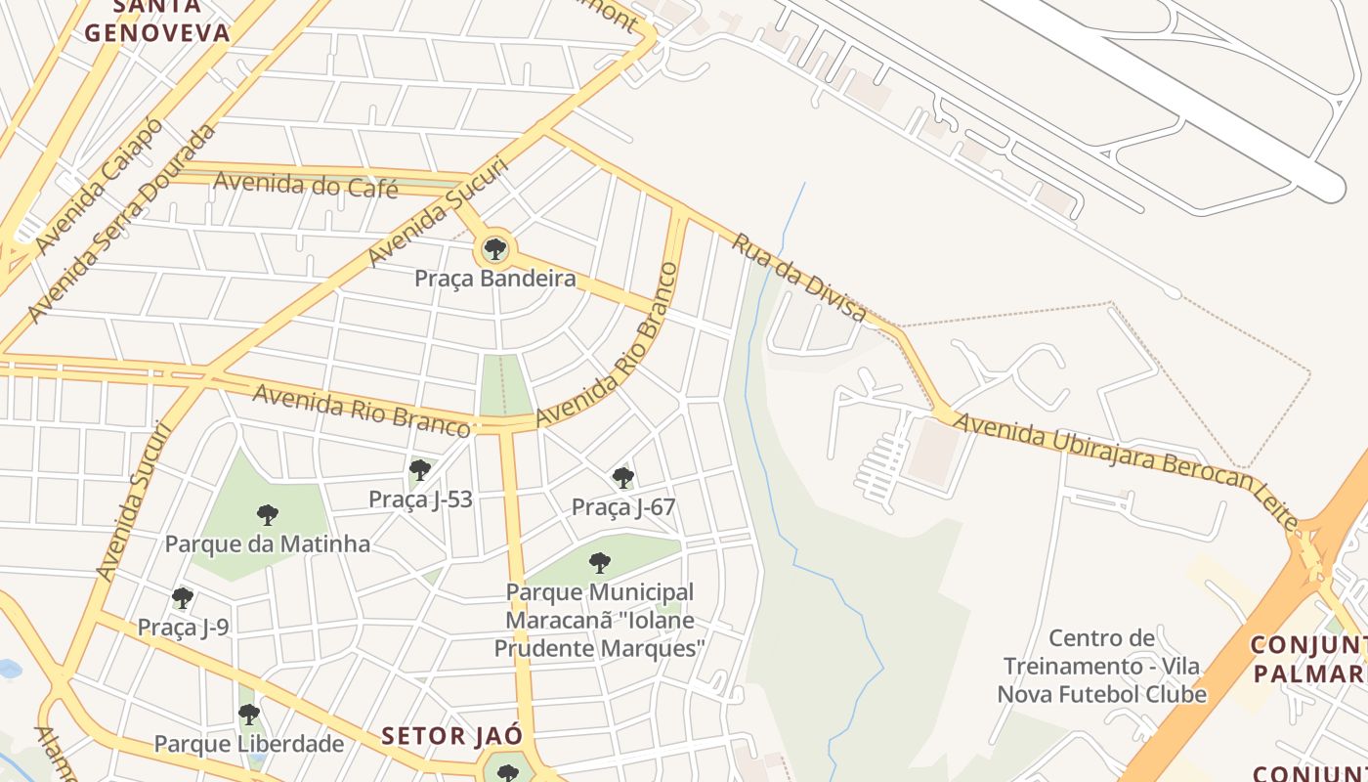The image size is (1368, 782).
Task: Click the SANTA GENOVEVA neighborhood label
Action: [x=157, y=22]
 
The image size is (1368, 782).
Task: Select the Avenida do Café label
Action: [x=305, y=183]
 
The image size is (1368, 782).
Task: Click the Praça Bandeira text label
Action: [x=494, y=279]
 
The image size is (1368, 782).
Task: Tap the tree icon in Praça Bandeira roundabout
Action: [x=495, y=249]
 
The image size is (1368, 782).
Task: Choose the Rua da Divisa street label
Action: [x=798, y=278]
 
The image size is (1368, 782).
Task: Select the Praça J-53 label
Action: [x=420, y=500]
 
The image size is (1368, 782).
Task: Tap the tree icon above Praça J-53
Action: [x=420, y=470]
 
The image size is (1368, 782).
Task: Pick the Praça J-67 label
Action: [x=622, y=506]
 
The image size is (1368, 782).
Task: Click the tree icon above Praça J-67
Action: [x=622, y=478]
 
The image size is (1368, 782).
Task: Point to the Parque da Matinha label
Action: [x=267, y=543]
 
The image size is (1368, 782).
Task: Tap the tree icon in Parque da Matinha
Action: [x=268, y=515]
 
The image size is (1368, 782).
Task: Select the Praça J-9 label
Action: [x=183, y=627]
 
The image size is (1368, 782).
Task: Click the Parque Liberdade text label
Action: [x=249, y=744]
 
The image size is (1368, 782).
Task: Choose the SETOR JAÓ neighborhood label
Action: [x=451, y=736]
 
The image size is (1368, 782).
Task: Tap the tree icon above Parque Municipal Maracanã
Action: [x=600, y=563]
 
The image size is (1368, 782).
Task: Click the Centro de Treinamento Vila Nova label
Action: [x=1101, y=666]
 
